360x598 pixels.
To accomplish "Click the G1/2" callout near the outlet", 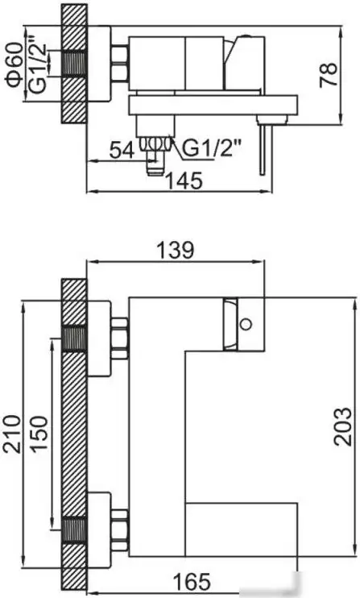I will pyautogui.click(x=205, y=148).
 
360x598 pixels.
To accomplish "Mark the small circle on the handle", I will pyautogui.click(x=246, y=326).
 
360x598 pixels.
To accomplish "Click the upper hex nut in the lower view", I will pyautogui.click(x=119, y=338).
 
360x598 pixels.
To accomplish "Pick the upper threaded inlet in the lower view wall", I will pyautogui.click(x=74, y=339).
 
